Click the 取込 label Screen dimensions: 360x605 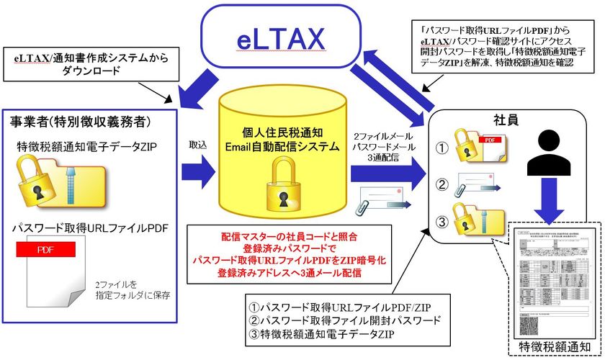pos(198,145)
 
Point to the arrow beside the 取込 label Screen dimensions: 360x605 pos(199,171)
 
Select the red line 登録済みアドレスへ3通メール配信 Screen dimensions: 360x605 pos(288,274)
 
